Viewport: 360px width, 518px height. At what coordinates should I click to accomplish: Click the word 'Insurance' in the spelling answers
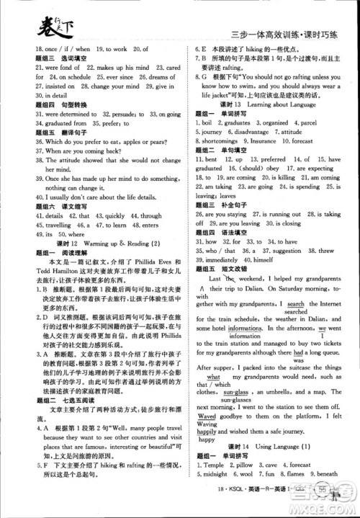[x=269, y=142]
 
